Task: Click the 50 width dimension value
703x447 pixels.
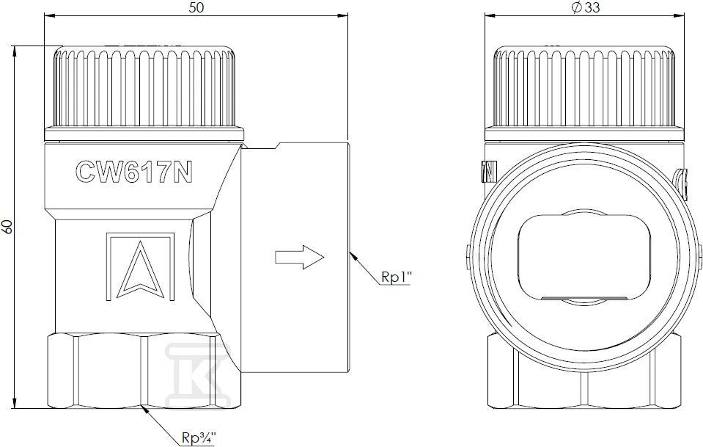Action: click(196, 7)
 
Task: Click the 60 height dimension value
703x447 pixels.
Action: click(7, 227)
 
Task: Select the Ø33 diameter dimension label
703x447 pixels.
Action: click(586, 7)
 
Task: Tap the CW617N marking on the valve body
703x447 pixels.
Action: click(133, 172)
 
